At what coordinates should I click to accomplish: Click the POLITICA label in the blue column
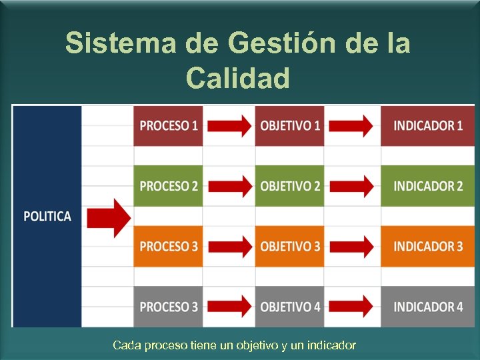pos(47,217)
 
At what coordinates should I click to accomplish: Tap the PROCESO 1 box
pos(168,125)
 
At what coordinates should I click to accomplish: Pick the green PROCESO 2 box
pos(168,186)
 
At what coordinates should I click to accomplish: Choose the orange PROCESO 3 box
pos(168,246)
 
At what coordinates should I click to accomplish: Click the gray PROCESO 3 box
pos(168,307)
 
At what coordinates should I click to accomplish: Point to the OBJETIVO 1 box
pos(289,125)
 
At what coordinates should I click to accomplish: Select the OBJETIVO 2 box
pos(289,186)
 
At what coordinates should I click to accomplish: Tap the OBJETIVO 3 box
pos(289,246)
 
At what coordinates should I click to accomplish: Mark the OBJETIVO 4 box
pos(289,307)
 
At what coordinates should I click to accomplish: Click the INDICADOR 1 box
pos(427,125)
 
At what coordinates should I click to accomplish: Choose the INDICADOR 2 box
pos(427,186)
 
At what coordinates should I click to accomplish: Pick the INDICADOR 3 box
pos(427,246)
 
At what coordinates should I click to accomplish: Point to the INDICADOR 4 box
pos(427,307)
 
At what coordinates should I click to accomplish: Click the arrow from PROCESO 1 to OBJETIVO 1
pos(229,125)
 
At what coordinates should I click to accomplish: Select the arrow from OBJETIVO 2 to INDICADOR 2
pos(351,186)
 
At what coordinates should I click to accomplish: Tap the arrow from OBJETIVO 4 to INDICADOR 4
pos(351,307)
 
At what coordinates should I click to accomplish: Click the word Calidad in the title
pos(238,78)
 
